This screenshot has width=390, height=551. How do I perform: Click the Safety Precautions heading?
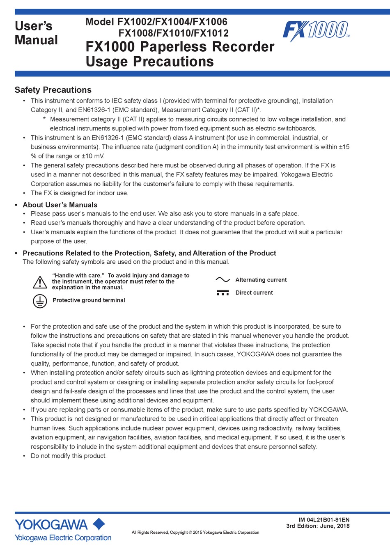tap(53, 90)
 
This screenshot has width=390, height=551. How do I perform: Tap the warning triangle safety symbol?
tap(40, 282)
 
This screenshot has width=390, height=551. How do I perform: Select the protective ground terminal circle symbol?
tap(40, 301)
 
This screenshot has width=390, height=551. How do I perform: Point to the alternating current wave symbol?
tap(223, 280)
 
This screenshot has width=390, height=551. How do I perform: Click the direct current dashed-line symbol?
tap(223, 293)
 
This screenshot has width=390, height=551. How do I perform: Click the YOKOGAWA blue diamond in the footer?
tap(99, 524)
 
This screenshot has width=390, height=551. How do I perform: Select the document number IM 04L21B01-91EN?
tap(324, 519)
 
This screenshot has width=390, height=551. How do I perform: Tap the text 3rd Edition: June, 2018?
tap(318, 526)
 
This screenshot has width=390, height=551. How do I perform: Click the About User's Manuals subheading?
tap(60, 205)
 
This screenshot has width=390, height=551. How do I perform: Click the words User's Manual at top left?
tap(36, 33)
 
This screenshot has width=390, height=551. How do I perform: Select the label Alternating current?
tap(261, 280)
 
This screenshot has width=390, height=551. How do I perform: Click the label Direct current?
tap(254, 293)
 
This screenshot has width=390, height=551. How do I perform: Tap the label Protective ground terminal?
tap(89, 300)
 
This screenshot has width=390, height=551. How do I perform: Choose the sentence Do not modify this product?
tap(69, 456)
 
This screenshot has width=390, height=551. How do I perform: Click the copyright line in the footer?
tap(195, 533)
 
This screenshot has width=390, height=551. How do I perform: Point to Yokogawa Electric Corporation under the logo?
tap(63, 537)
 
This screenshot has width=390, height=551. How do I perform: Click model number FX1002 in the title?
tap(135, 22)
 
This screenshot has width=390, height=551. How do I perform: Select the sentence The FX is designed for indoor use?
tap(79, 193)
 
